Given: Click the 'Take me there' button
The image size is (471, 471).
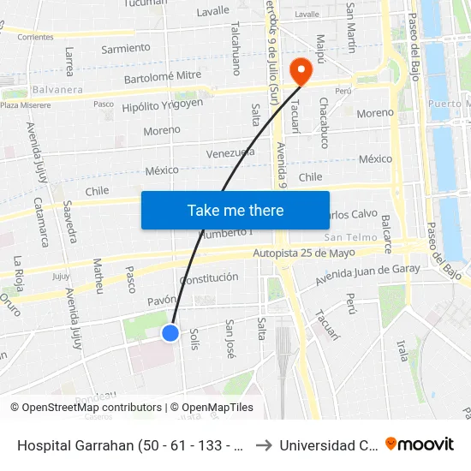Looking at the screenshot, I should tap(235, 210).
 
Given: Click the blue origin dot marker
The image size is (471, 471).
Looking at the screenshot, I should tap(170, 333).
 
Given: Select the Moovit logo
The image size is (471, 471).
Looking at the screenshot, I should tap(420, 444).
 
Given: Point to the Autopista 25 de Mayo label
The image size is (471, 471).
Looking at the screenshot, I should tap(304, 253).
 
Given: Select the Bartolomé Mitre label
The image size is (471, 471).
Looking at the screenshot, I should tap(163, 76).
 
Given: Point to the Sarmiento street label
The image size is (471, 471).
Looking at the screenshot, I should tap(126, 49).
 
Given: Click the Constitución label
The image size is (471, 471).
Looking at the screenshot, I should tap(209, 278).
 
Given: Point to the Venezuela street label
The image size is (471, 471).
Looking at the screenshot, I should tap(231, 153).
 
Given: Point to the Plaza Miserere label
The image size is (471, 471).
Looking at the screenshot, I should tap(26, 105).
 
